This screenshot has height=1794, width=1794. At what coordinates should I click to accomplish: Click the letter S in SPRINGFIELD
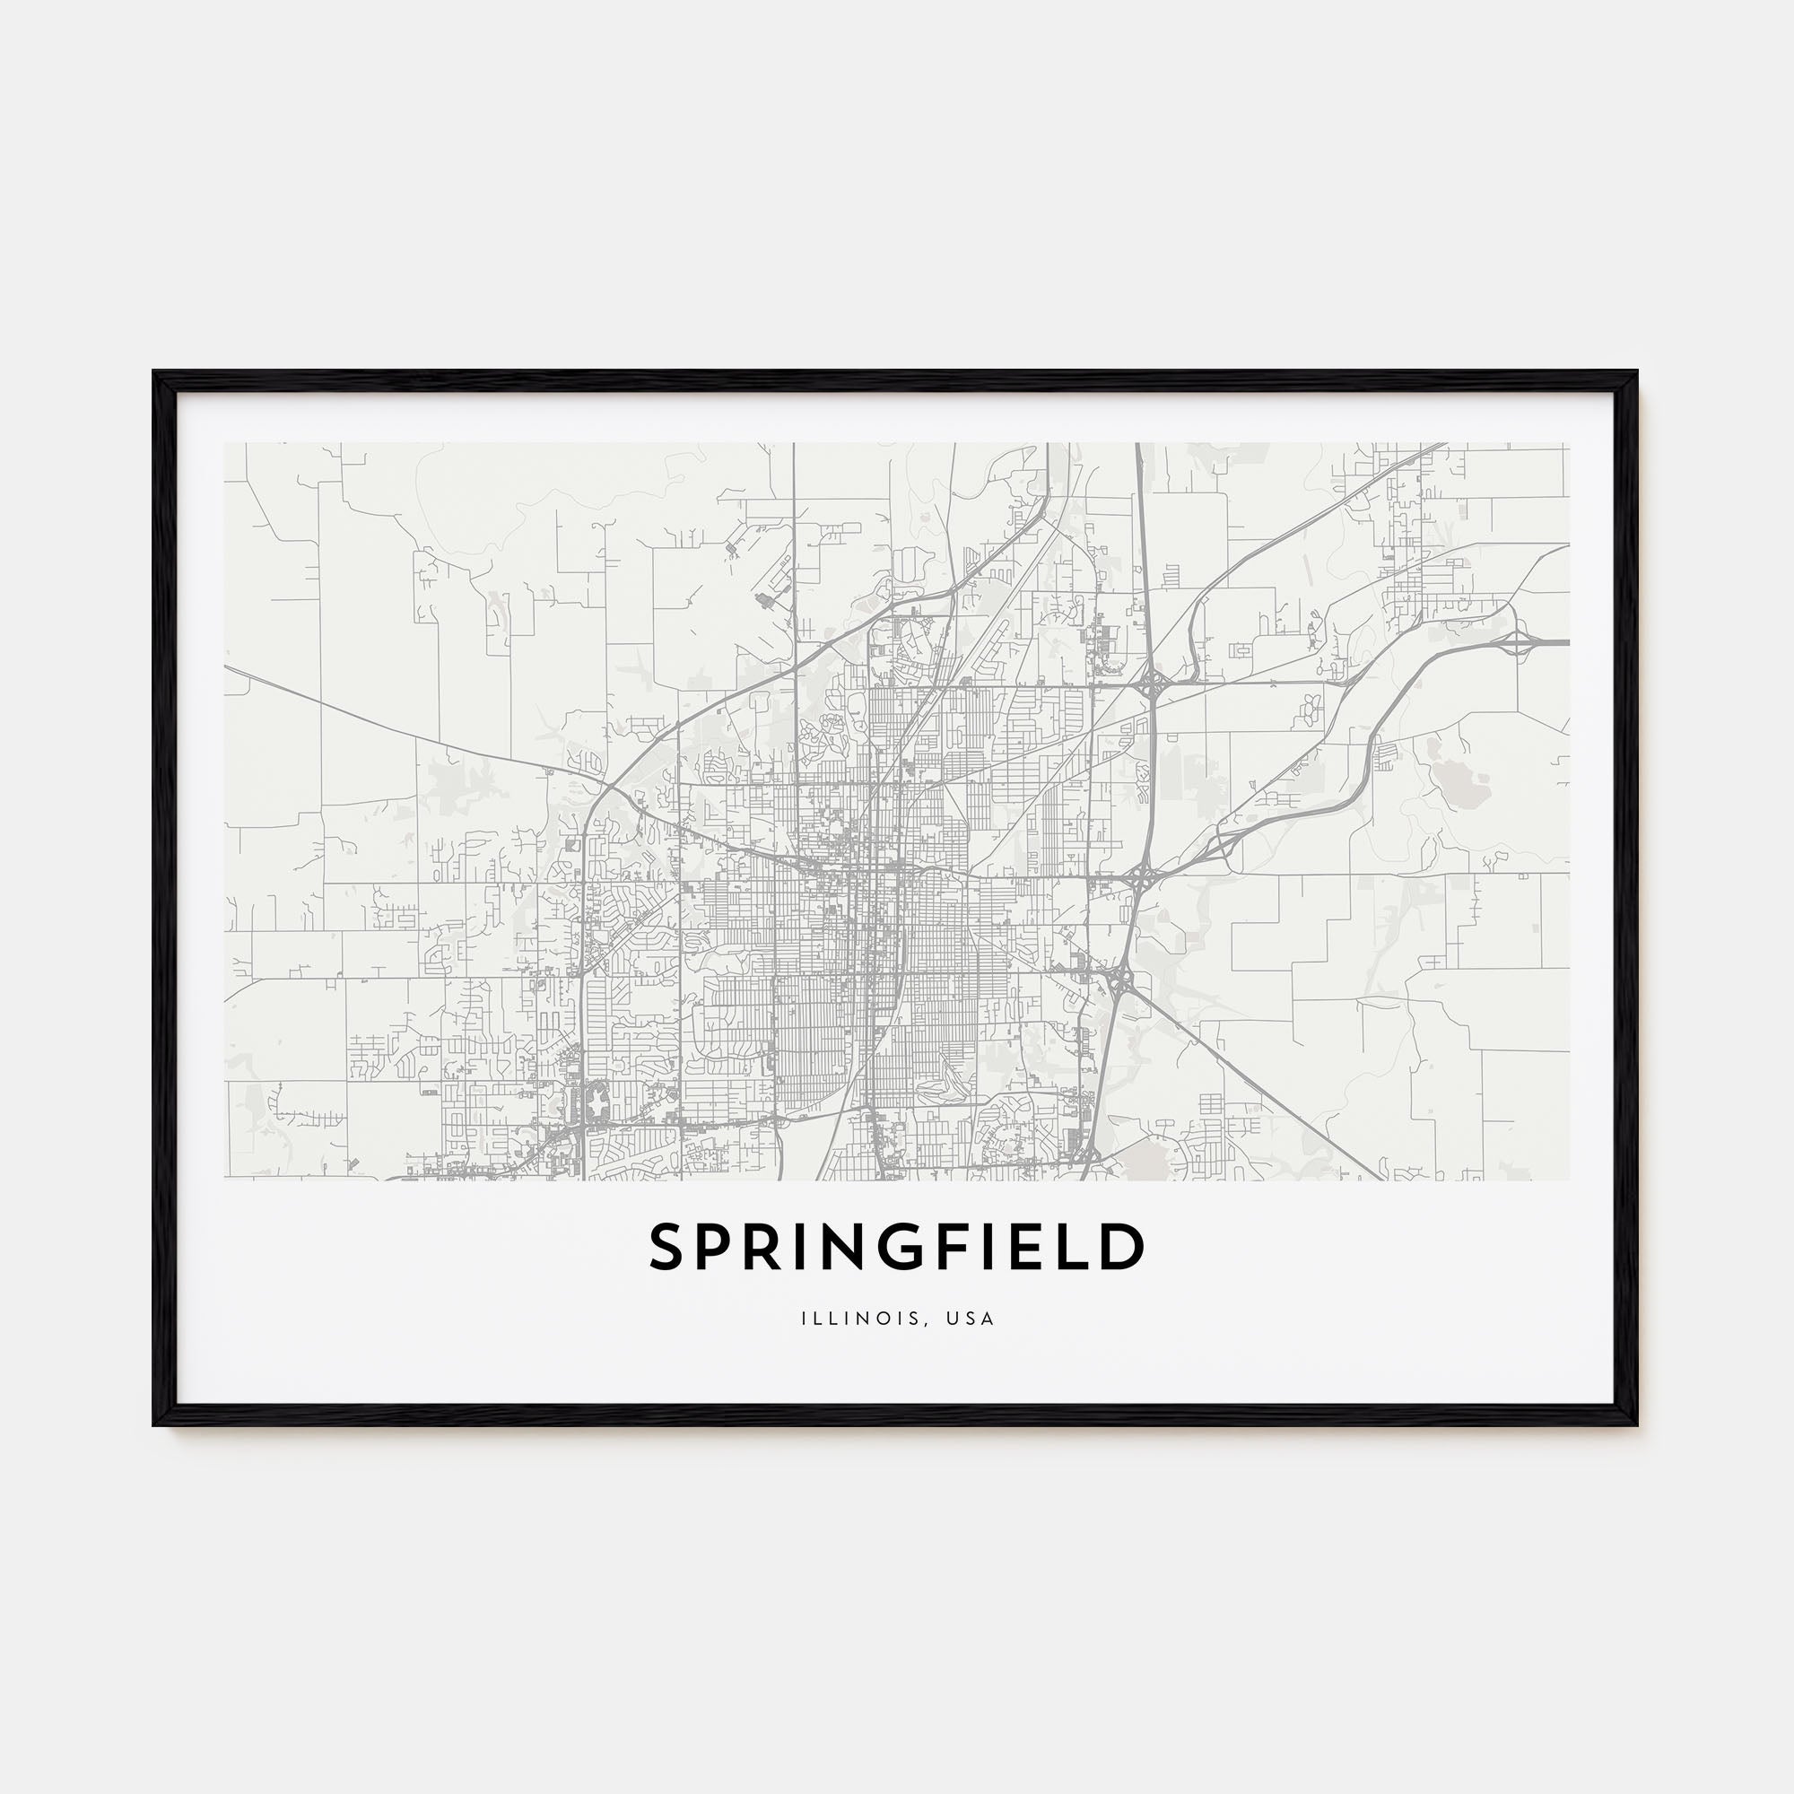point(667,1247)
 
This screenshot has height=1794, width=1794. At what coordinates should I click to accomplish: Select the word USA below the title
point(975,1319)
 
